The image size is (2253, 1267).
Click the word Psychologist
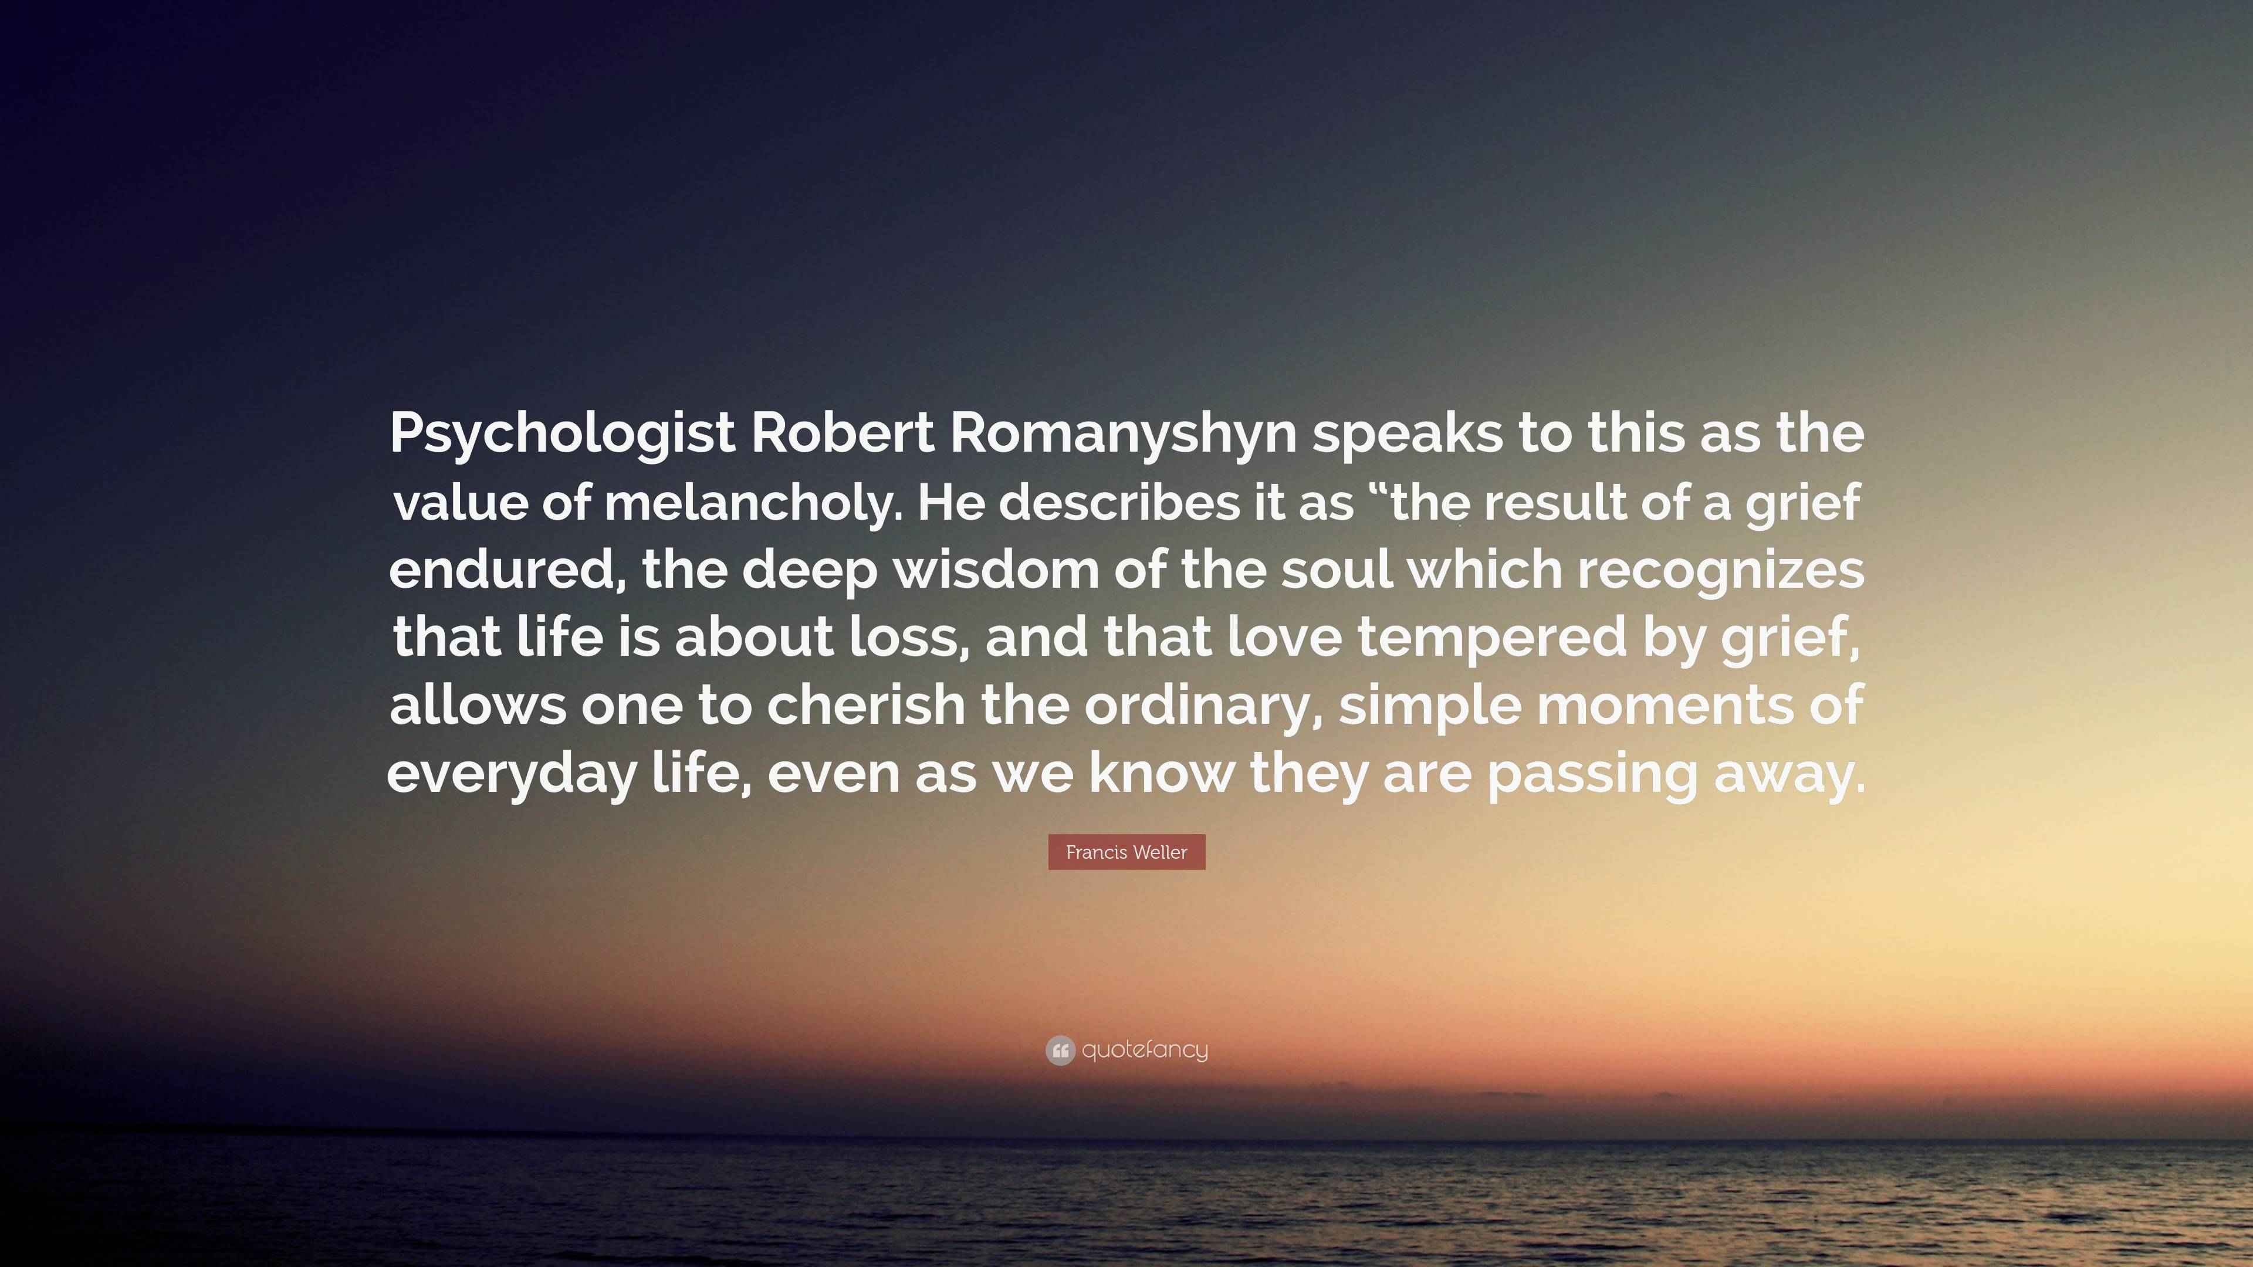(x=561, y=433)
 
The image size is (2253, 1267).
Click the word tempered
(x=1492, y=638)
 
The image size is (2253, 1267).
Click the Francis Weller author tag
(x=1126, y=852)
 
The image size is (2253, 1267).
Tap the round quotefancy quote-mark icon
(x=1060, y=1050)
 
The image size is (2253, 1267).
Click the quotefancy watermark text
(x=1144, y=1050)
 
